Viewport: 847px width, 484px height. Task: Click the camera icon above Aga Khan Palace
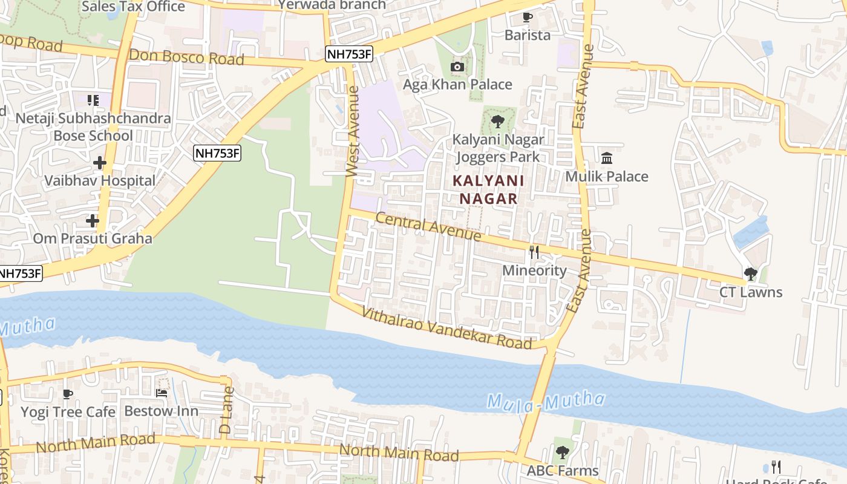457,67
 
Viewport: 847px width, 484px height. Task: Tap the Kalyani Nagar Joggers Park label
498,148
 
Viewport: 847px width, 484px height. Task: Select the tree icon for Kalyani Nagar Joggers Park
498,122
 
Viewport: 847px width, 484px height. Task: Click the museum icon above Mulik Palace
607,159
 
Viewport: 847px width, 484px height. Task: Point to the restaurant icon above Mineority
534,252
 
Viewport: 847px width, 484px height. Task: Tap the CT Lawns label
750,292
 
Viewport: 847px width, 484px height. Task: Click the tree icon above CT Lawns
750,274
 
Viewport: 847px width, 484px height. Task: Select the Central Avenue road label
428,226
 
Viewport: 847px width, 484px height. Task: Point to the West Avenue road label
353,132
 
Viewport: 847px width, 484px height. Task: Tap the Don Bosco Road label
186,57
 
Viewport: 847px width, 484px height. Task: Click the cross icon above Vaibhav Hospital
100,163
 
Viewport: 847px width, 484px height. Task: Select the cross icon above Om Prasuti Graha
92,221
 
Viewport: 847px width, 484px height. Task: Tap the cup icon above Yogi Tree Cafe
68,394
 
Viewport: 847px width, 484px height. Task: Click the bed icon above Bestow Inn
162,393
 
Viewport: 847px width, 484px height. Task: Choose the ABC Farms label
562,470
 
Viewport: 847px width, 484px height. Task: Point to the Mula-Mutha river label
546,401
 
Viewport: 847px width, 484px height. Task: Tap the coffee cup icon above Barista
527,17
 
